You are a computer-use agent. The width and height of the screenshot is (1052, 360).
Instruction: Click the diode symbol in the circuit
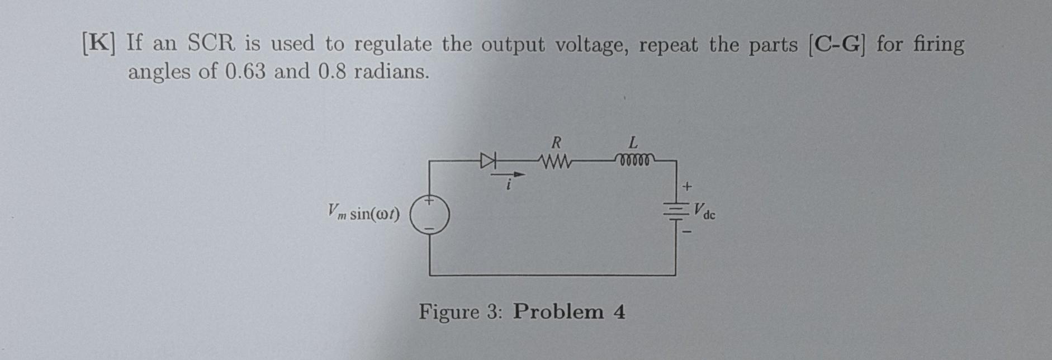coord(489,162)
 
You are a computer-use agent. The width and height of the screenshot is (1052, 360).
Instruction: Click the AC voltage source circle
coord(429,214)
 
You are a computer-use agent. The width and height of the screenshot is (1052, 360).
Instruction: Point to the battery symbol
coord(675,211)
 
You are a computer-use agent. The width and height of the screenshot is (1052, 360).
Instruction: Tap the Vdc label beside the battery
coord(704,211)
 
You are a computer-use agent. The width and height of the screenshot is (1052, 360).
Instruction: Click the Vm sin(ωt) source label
coord(364,212)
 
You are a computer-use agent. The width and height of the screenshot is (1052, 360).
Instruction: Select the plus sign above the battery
coord(688,185)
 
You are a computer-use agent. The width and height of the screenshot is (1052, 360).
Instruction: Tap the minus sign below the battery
coord(688,230)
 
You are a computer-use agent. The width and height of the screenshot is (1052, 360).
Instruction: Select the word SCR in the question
coord(211,44)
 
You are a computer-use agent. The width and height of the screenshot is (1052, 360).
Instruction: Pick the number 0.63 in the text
coord(245,72)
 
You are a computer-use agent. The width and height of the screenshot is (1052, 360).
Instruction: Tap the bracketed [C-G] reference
coord(838,44)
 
